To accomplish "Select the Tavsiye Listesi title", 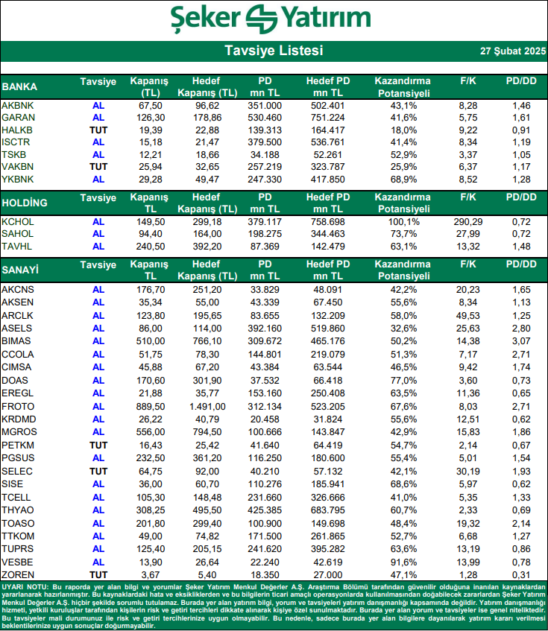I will click(274, 51).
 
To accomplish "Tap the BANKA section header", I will click(20, 86).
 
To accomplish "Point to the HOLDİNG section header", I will click(25, 203).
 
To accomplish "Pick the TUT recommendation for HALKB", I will click(98, 130).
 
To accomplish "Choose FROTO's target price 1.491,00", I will click(207, 406).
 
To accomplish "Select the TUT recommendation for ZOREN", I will click(98, 574).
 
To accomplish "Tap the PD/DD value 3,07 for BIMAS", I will click(521, 340).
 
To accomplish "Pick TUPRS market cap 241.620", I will click(265, 548).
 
